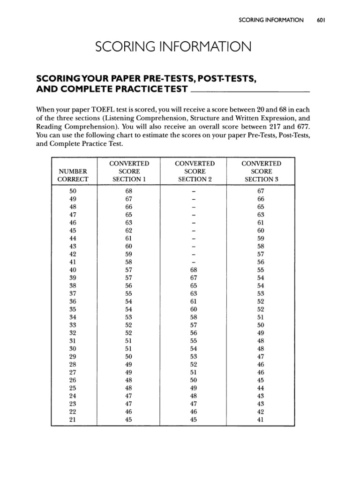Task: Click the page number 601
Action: [321, 20]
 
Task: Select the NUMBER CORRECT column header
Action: [73, 175]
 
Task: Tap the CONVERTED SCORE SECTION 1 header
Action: [129, 171]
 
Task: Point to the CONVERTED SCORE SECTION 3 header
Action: [261, 171]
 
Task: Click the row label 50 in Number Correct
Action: [73, 191]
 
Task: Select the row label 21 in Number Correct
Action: [73, 420]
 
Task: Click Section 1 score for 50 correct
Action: [129, 191]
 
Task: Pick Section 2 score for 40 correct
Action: [194, 270]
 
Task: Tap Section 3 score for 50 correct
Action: [261, 191]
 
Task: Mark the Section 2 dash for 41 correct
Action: [194, 262]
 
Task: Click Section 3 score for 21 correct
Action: [261, 420]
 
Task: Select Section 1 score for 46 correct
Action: [129, 223]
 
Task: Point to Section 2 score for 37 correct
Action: [194, 293]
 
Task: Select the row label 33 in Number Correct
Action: [73, 325]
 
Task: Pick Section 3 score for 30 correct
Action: [261, 349]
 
